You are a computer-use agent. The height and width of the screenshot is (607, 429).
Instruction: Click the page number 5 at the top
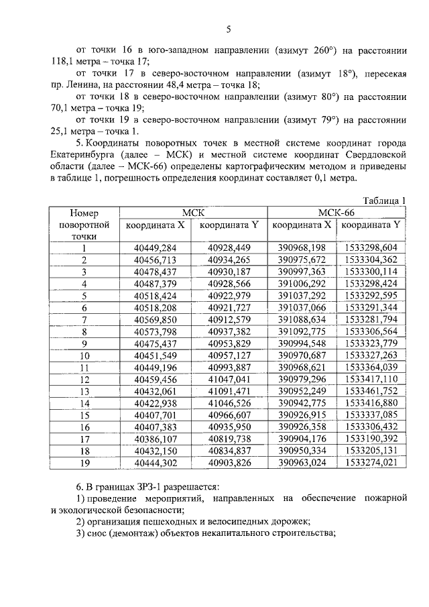click(x=228, y=29)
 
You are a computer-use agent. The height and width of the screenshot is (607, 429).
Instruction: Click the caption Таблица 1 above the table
click(x=385, y=201)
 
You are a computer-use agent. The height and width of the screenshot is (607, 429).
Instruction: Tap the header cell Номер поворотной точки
click(x=84, y=224)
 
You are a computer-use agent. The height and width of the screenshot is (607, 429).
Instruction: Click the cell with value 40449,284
click(x=156, y=247)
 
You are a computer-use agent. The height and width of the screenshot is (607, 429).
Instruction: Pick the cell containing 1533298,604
click(x=371, y=247)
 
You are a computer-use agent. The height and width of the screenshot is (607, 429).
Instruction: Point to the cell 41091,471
click(x=229, y=391)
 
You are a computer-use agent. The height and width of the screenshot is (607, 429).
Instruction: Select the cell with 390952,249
click(x=302, y=391)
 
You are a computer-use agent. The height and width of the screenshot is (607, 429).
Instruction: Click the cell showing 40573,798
click(x=156, y=331)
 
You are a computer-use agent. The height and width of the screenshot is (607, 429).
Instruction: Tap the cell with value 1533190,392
click(x=371, y=439)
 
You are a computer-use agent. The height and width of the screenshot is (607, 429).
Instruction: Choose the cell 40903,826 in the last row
click(x=229, y=463)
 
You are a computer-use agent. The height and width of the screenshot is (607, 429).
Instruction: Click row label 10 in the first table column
click(x=84, y=355)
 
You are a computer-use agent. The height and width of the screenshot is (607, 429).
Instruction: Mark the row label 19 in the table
click(x=84, y=463)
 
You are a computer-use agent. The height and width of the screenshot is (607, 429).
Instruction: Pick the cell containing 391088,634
click(x=302, y=319)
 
